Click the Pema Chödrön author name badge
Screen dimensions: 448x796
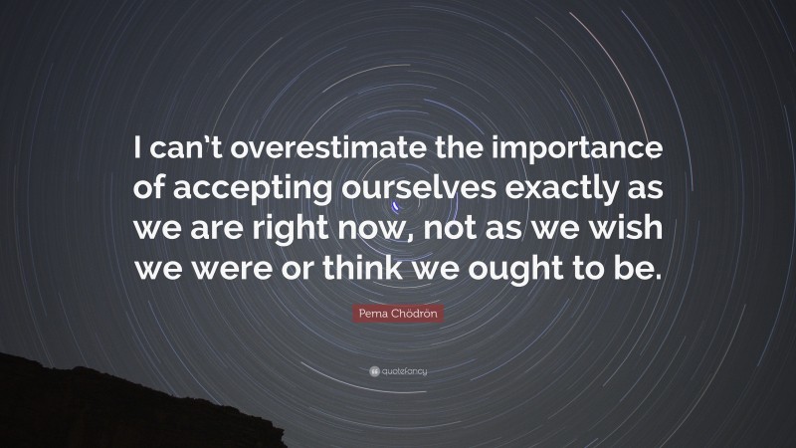(398, 315)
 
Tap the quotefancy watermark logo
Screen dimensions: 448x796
(398, 371)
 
